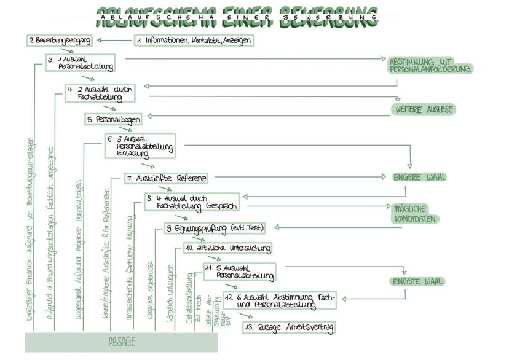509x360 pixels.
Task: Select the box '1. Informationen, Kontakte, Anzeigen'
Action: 194,41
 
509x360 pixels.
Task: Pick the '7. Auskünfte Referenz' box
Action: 166,179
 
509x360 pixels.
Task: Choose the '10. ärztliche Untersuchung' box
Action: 227,248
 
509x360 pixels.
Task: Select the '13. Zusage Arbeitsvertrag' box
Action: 288,327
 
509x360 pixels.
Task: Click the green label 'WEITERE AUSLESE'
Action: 424,109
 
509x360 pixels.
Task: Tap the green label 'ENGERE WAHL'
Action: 420,178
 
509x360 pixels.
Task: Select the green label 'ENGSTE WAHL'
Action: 418,282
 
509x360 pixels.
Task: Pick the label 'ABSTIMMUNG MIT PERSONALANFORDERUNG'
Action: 430,66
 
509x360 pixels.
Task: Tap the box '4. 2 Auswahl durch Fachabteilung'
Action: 100,93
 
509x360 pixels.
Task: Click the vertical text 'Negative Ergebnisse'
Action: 150,288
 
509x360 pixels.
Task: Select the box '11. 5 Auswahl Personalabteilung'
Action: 239,272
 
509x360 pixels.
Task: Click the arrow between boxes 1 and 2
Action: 114,41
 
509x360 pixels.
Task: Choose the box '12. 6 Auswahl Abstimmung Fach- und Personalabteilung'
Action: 279,300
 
